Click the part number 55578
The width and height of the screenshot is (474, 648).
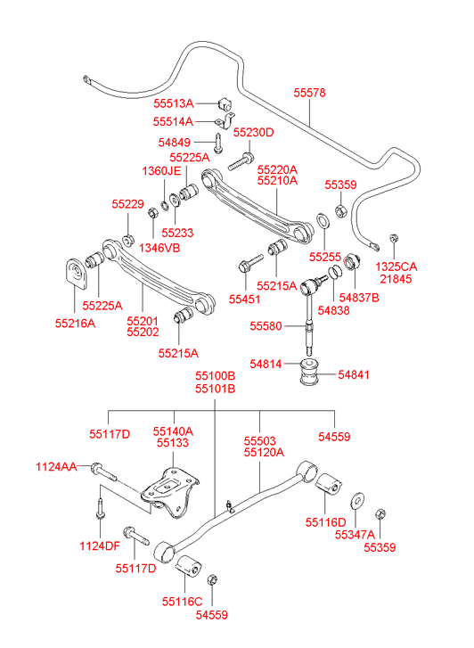pyautogui.click(x=309, y=93)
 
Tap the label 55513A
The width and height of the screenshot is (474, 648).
pyautogui.click(x=174, y=103)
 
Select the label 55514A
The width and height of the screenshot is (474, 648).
pyautogui.click(x=173, y=121)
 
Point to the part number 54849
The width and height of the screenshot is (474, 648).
pyautogui.click(x=175, y=143)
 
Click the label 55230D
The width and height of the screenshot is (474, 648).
pyautogui.click(x=253, y=132)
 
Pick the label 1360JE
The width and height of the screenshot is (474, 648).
pyautogui.click(x=161, y=170)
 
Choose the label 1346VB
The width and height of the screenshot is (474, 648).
pyautogui.click(x=159, y=248)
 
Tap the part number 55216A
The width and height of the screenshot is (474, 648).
pyautogui.click(x=75, y=324)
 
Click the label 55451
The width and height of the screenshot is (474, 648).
pyautogui.click(x=245, y=299)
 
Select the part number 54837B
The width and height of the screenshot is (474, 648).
pyautogui.click(x=359, y=297)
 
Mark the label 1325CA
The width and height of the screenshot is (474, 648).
pyautogui.click(x=396, y=267)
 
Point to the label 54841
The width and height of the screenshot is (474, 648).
pyautogui.click(x=354, y=374)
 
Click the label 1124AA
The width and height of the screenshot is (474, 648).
pyautogui.click(x=56, y=466)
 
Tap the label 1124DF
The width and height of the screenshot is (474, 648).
pyautogui.click(x=100, y=545)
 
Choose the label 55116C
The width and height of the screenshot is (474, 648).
pyautogui.click(x=183, y=602)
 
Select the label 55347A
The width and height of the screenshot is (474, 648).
pyautogui.click(x=355, y=534)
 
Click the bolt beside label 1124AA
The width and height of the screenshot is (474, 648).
pyautogui.click(x=103, y=472)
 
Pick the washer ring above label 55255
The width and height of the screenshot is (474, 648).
pyautogui.click(x=323, y=221)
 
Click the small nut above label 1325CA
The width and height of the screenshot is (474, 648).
pyautogui.click(x=394, y=239)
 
